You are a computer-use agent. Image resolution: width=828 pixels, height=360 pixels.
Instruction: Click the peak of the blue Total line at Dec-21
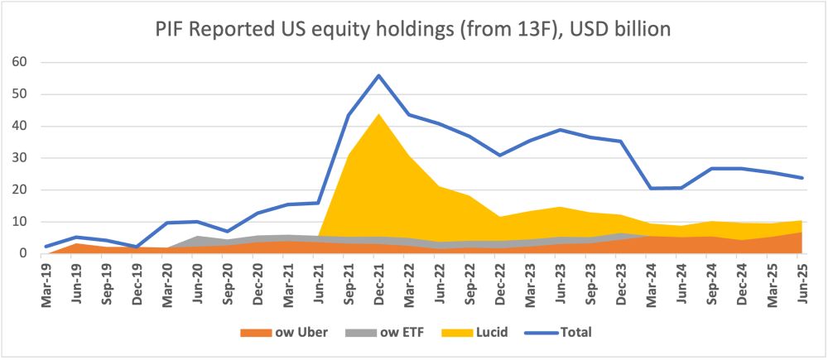click(x=378, y=75)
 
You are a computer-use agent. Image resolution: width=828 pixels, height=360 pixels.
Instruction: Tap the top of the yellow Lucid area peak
click(x=378, y=113)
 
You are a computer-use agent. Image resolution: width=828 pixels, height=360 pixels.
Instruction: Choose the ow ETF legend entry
click(x=386, y=333)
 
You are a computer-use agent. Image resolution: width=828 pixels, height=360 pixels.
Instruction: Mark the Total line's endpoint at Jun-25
click(x=802, y=177)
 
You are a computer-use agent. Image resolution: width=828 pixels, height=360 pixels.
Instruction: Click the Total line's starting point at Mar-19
click(x=46, y=247)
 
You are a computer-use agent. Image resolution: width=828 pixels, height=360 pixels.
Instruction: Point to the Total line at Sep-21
click(x=349, y=115)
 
